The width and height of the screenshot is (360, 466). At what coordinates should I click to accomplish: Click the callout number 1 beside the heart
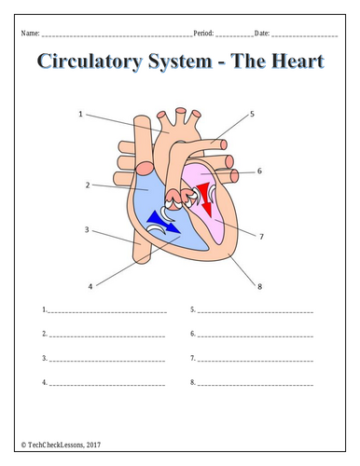click(x=80, y=115)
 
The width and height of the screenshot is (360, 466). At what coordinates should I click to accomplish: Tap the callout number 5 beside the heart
click(x=252, y=114)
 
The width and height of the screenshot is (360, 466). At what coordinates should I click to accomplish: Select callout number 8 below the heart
click(x=259, y=286)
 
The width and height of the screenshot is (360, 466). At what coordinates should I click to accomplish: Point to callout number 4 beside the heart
click(x=90, y=286)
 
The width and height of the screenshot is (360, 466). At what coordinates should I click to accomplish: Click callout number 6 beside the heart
click(x=259, y=171)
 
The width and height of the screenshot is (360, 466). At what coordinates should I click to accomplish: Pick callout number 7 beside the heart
click(x=261, y=237)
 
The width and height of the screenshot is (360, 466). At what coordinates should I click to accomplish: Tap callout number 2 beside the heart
click(x=88, y=185)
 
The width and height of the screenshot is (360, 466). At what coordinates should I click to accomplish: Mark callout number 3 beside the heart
click(x=87, y=229)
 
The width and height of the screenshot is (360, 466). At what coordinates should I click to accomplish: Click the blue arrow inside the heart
click(x=163, y=223)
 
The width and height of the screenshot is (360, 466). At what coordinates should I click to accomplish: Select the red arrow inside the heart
click(x=205, y=199)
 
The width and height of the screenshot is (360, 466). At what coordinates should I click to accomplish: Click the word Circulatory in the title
click(x=90, y=62)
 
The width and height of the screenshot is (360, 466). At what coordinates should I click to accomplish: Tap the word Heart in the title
click(x=298, y=61)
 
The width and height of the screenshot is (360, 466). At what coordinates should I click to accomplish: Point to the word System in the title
click(x=180, y=62)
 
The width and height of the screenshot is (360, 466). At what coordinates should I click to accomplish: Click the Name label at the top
click(x=30, y=34)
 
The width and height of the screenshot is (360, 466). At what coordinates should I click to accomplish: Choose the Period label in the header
click(x=203, y=34)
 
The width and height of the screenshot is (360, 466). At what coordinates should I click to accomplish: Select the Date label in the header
click(x=262, y=34)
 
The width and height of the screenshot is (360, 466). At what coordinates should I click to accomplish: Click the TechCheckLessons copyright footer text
click(x=61, y=445)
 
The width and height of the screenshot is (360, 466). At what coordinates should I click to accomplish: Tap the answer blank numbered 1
click(x=107, y=312)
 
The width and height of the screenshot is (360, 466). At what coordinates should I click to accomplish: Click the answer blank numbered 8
click(x=256, y=385)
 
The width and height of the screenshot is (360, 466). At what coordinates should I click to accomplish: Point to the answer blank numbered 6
click(x=256, y=336)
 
